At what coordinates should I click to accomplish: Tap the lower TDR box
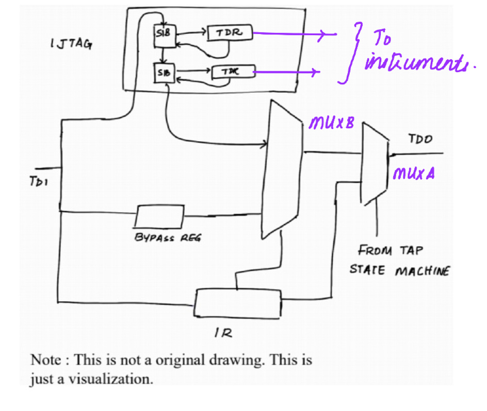233,72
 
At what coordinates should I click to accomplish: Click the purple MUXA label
413,174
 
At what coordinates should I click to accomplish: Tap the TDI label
38,182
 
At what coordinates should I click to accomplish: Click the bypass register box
159,216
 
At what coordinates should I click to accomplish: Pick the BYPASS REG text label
167,237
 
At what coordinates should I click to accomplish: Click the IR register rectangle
238,302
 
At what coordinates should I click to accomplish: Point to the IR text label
223,333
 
